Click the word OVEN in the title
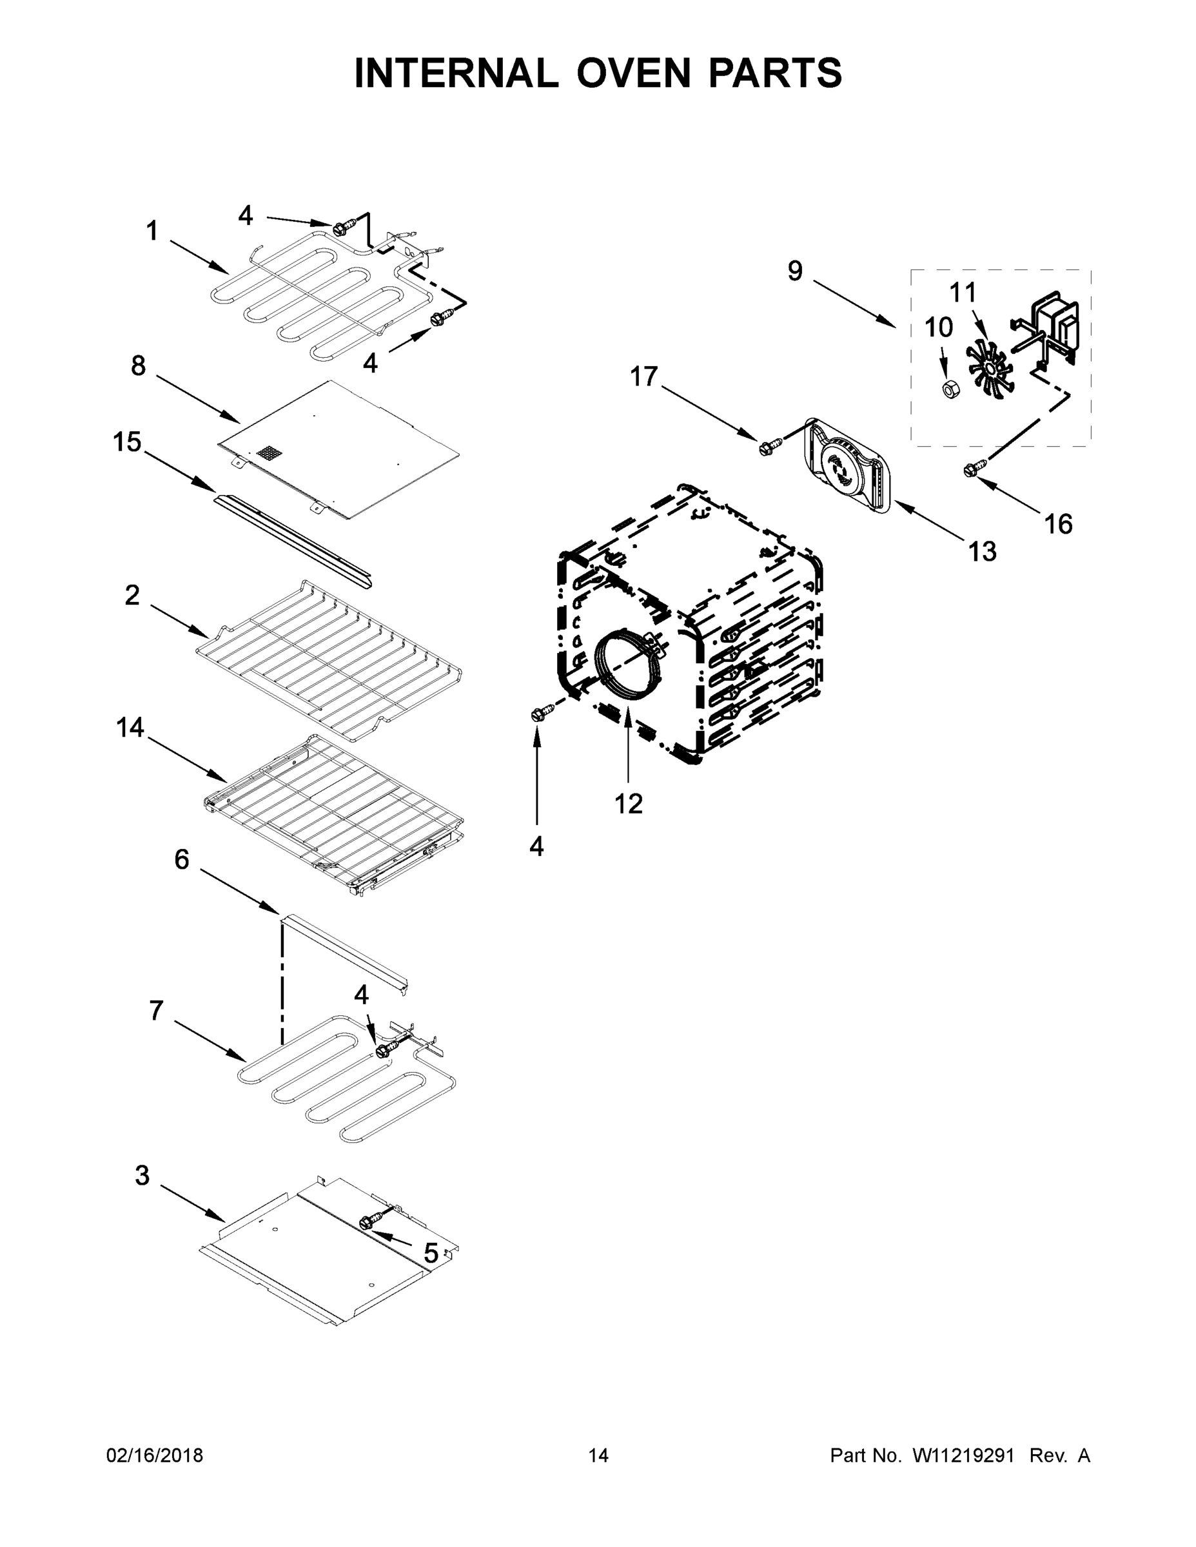click(633, 73)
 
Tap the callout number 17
click(643, 377)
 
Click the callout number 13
click(982, 552)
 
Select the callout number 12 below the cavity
click(628, 803)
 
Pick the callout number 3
click(142, 1176)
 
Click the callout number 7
click(156, 1011)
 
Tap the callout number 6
click(181, 860)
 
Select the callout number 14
click(130, 728)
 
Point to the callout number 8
click(138, 366)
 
